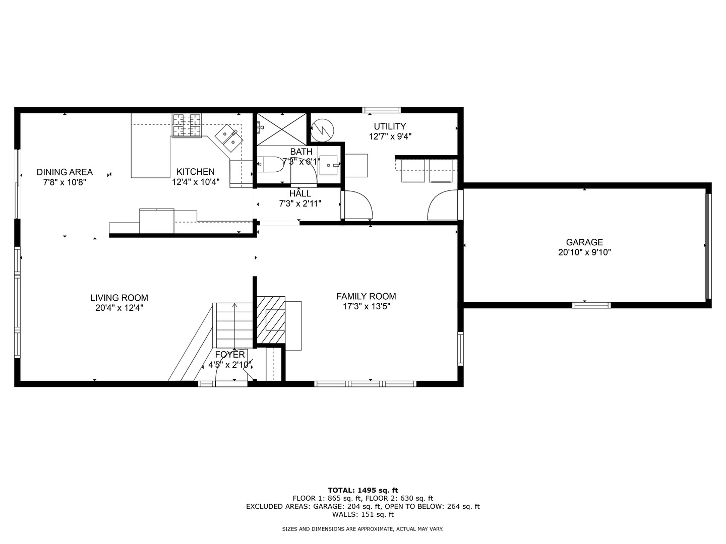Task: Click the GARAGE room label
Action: (x=584, y=242)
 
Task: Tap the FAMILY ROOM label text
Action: (x=366, y=296)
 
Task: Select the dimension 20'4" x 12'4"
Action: (x=119, y=308)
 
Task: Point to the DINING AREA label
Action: (x=65, y=172)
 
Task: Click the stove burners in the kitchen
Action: (x=187, y=125)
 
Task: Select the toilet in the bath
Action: (x=271, y=164)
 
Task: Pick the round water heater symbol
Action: (x=322, y=130)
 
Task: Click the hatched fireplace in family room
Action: (x=271, y=319)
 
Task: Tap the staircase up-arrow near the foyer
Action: (x=234, y=305)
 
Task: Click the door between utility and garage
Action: (x=444, y=206)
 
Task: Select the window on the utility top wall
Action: (x=382, y=110)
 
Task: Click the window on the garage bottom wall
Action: (x=591, y=305)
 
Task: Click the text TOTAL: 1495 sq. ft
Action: (x=362, y=490)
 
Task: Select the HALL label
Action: (x=300, y=193)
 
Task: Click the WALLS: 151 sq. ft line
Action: (x=362, y=514)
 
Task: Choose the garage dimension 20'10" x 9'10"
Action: (x=584, y=253)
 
